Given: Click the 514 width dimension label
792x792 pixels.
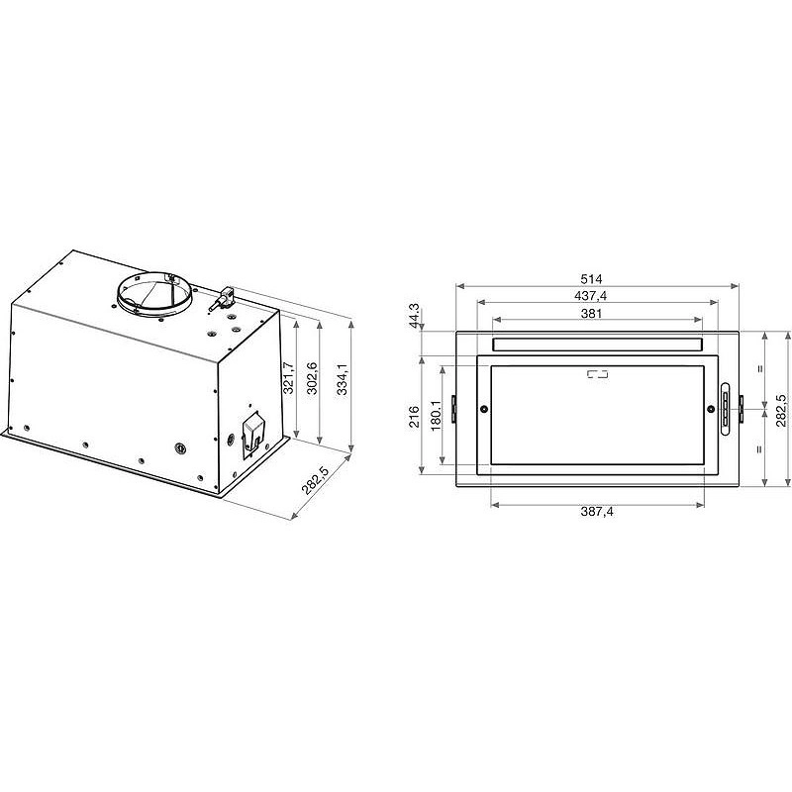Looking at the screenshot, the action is click(x=591, y=279).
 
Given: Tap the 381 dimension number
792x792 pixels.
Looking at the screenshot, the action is click(x=591, y=313).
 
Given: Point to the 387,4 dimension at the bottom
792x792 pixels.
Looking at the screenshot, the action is click(x=597, y=512).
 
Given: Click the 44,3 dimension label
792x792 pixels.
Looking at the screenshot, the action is click(x=414, y=316).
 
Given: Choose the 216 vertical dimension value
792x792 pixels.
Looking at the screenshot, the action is click(x=414, y=417).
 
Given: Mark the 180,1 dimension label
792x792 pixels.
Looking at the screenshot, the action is click(x=437, y=416).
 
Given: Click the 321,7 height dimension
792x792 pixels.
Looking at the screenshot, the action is click(x=288, y=378).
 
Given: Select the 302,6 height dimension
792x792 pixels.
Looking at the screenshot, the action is click(x=312, y=378).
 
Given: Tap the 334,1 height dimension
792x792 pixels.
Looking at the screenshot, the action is click(x=343, y=379).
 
